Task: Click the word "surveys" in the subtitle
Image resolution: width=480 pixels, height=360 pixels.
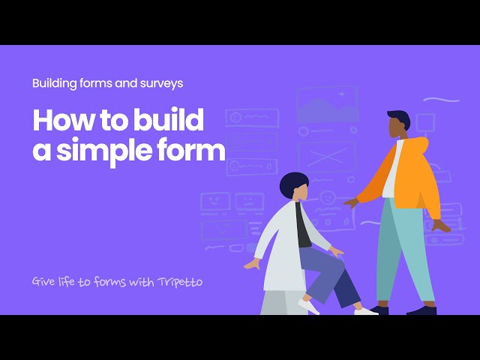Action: [x=162, y=83]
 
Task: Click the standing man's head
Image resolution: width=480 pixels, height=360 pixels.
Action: [x=397, y=124]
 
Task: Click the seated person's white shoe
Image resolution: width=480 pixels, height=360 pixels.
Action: [x=308, y=305]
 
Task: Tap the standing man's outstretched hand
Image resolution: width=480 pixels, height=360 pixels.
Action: [x=349, y=202]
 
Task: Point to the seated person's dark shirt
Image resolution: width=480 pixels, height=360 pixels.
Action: [x=302, y=226]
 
